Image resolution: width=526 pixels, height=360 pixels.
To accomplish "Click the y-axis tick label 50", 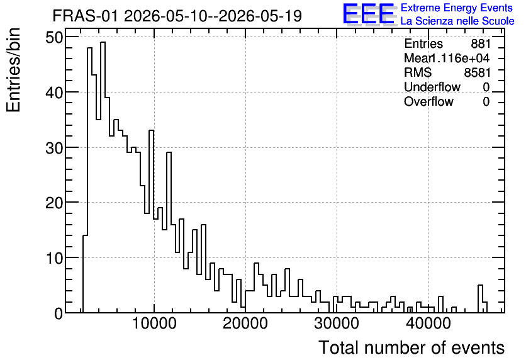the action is point(54,37).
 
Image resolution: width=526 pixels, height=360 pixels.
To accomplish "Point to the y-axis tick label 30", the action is point(54,148).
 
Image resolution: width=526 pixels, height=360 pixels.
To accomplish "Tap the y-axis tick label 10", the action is point(54,258).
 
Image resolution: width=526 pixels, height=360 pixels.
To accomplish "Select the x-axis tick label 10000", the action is point(154,323).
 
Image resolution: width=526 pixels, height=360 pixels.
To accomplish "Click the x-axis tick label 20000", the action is point(245,323).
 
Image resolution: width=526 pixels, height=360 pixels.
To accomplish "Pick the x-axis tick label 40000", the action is point(428,323).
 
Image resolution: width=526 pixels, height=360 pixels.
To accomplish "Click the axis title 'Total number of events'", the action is point(411,347).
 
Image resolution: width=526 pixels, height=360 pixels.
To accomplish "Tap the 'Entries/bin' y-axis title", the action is point(13,70).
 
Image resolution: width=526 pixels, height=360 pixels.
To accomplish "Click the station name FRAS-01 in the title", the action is point(85,16).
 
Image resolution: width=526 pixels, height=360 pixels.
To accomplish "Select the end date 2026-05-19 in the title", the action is point(260,16).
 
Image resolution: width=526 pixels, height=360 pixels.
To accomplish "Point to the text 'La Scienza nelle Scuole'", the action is point(457,21).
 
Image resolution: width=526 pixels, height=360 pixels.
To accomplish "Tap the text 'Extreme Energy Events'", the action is point(457,8).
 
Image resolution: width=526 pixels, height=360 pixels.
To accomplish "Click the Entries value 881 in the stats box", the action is point(481,43).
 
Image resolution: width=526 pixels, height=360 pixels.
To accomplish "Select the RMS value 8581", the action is point(478,72).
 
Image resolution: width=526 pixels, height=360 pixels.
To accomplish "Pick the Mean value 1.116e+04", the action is point(460,58).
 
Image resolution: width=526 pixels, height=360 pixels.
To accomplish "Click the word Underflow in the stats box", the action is point(432,87).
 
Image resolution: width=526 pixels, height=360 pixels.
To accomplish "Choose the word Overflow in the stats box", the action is point(428,101).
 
